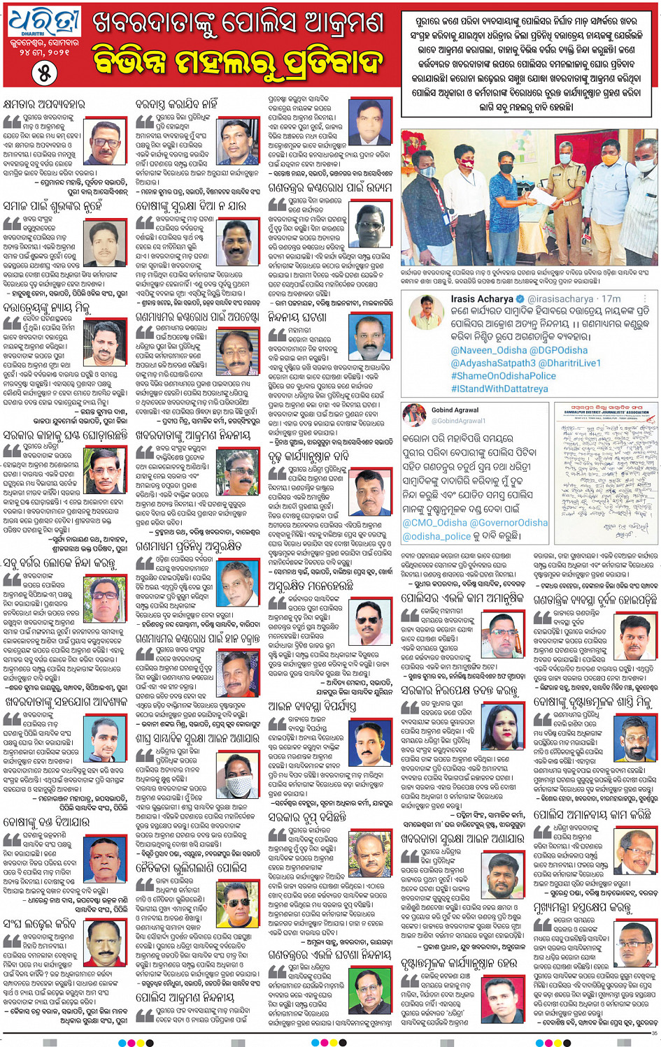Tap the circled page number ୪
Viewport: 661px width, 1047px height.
coord(43,73)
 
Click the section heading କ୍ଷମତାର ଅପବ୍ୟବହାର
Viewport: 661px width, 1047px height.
coord(43,104)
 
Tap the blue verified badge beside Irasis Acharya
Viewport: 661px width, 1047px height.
coord(522,298)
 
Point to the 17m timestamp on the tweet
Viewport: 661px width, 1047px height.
coord(611,298)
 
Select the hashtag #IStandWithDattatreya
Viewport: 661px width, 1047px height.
coord(499,389)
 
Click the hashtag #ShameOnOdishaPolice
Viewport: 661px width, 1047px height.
coord(504,376)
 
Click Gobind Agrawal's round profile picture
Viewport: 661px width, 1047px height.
coord(414,415)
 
